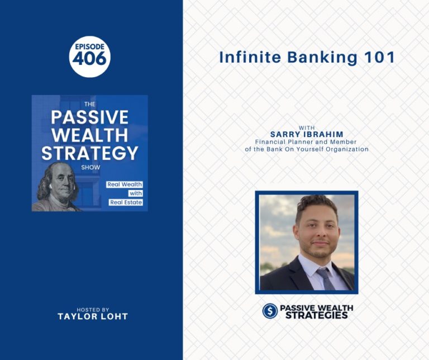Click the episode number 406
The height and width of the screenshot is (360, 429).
(x=89, y=59)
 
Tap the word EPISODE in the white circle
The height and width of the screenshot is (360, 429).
(x=90, y=46)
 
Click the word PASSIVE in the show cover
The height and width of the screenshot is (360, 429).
(x=90, y=117)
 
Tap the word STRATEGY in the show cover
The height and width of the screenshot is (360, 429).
(x=90, y=153)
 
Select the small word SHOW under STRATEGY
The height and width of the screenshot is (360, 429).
(x=90, y=167)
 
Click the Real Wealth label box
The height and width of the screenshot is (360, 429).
(x=125, y=184)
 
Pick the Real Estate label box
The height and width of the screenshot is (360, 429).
(x=126, y=202)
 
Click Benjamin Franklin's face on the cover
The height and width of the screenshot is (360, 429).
(x=63, y=183)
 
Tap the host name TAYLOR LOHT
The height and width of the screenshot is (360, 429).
(x=93, y=316)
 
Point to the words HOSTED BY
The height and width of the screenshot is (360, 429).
(x=93, y=310)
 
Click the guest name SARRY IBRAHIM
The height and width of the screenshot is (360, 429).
(x=307, y=134)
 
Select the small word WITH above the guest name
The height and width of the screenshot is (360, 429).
(x=307, y=127)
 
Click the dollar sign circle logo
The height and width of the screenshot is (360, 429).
(x=270, y=311)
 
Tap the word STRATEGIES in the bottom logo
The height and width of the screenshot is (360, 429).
(x=317, y=315)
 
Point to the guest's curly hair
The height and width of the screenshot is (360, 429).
(x=317, y=204)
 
